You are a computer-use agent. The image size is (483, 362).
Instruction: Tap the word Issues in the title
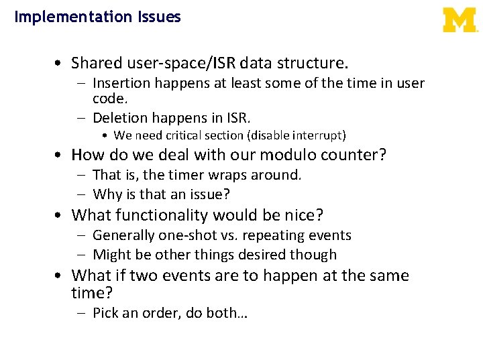(159, 17)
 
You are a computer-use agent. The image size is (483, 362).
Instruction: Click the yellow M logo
(460, 20)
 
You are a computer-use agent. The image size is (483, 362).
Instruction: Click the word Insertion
(121, 84)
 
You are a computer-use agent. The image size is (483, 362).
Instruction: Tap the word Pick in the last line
(106, 313)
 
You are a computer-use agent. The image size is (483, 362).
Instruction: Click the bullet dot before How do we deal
(60, 156)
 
